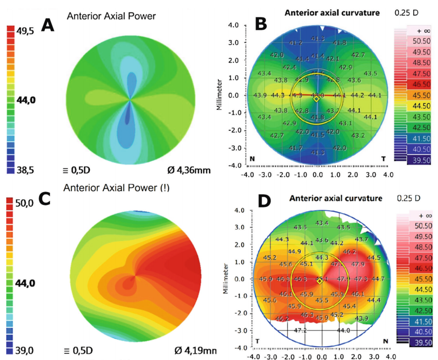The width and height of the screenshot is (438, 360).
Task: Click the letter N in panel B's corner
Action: [x=252, y=160]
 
